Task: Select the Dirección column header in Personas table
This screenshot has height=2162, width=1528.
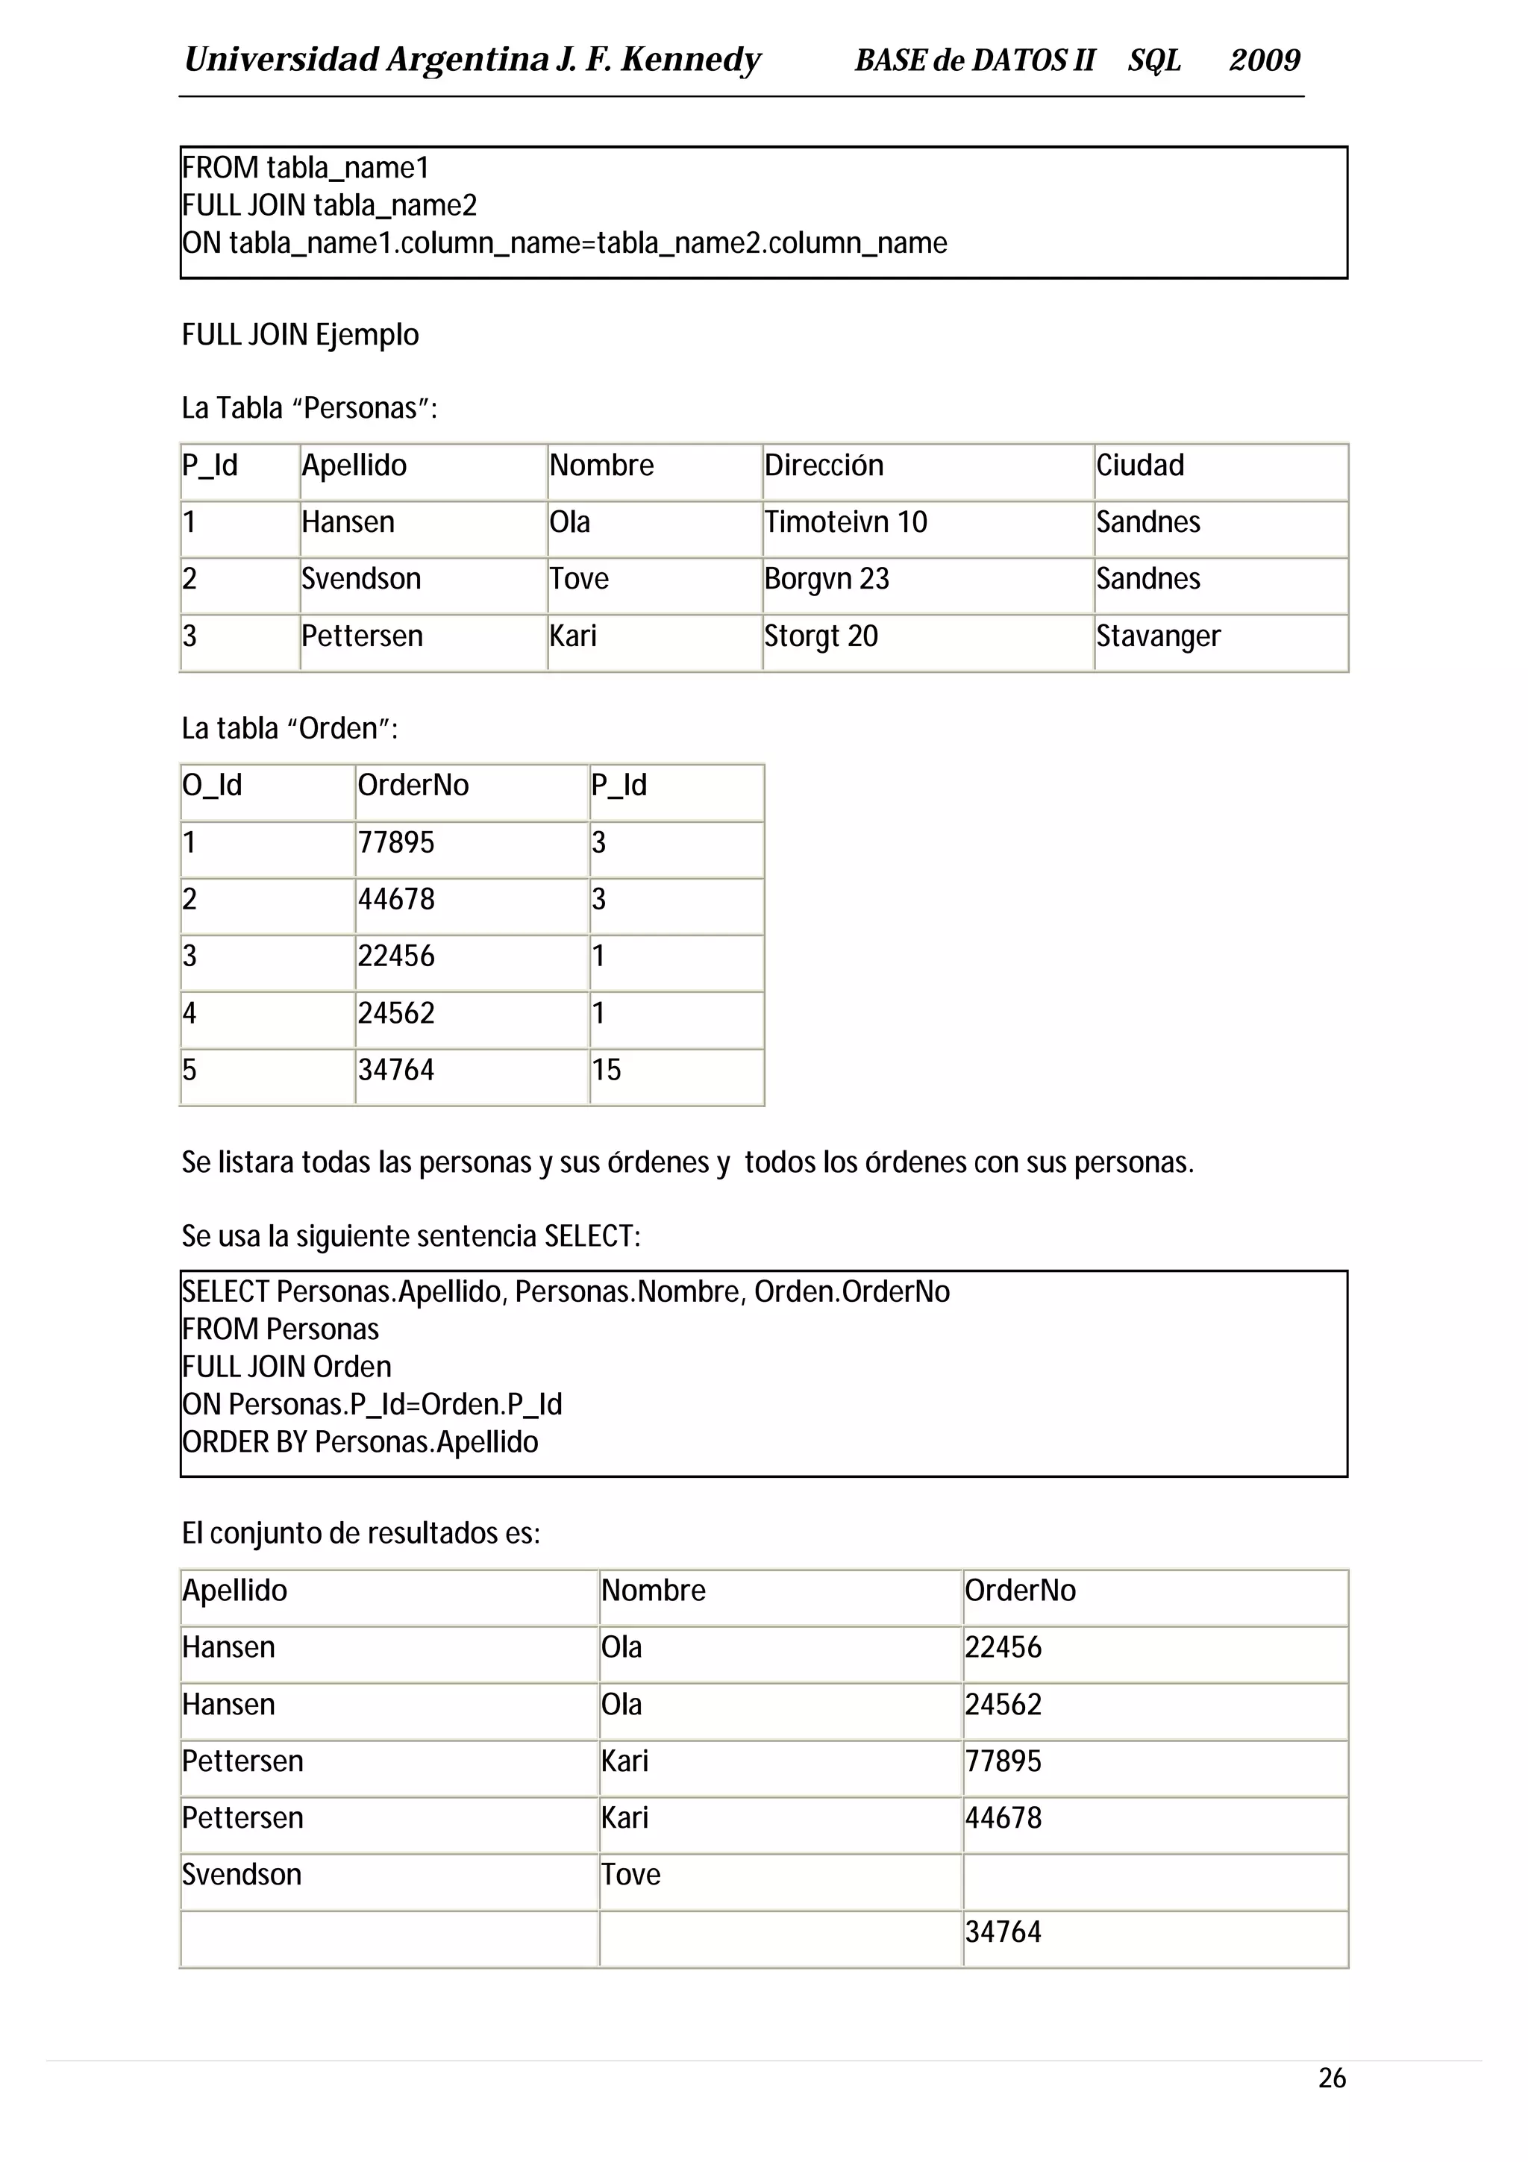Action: (823, 466)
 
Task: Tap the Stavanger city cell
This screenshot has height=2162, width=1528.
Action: (1157, 636)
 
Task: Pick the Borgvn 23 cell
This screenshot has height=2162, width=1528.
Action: (826, 578)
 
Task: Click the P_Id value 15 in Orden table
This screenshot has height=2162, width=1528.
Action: (607, 1070)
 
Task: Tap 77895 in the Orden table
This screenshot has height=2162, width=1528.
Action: (395, 842)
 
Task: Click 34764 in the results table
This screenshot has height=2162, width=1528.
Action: (1003, 1931)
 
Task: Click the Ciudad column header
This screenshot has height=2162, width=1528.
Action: (1139, 466)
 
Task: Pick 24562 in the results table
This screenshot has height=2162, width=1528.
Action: (1003, 1705)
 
